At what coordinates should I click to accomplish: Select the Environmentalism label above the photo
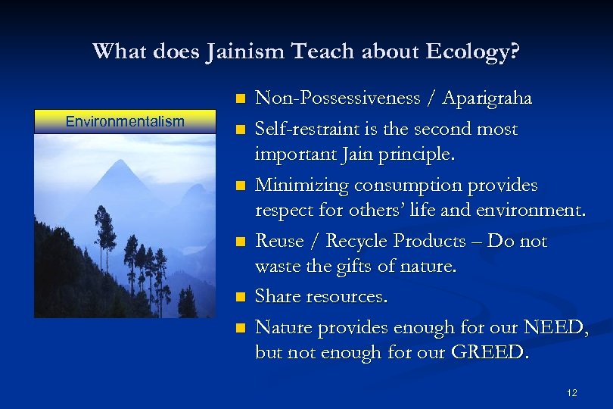[x=125, y=121]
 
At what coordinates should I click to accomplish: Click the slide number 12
[x=571, y=392]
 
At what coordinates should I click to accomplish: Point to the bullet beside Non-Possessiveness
[x=241, y=99]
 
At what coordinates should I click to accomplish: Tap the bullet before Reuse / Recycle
[x=241, y=242]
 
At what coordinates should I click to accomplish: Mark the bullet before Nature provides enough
[x=241, y=327]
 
